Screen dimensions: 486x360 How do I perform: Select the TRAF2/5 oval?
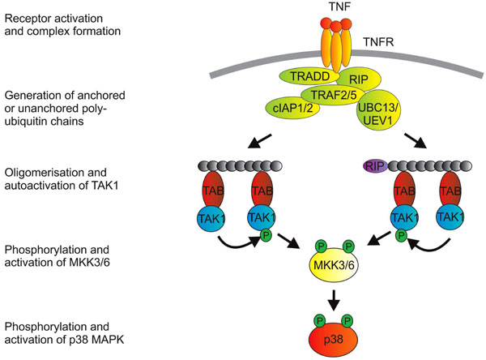pos(334,95)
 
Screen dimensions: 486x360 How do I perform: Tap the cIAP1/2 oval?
pos(292,109)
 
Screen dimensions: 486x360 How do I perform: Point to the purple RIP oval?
pos(375,166)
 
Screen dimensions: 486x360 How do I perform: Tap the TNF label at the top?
pos(340,7)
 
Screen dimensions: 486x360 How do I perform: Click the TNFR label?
pos(378,42)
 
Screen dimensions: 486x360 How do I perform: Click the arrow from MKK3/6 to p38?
pos(334,300)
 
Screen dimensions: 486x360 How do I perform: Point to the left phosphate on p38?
pos(320,320)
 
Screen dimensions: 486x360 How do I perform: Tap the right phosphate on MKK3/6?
pos(348,246)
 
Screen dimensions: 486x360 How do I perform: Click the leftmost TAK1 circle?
pos(211,218)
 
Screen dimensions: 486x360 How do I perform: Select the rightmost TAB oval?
pos(450,189)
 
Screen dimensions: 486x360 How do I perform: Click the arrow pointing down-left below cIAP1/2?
pos(260,141)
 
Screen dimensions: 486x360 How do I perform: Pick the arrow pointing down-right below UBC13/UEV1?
pos(416,140)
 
